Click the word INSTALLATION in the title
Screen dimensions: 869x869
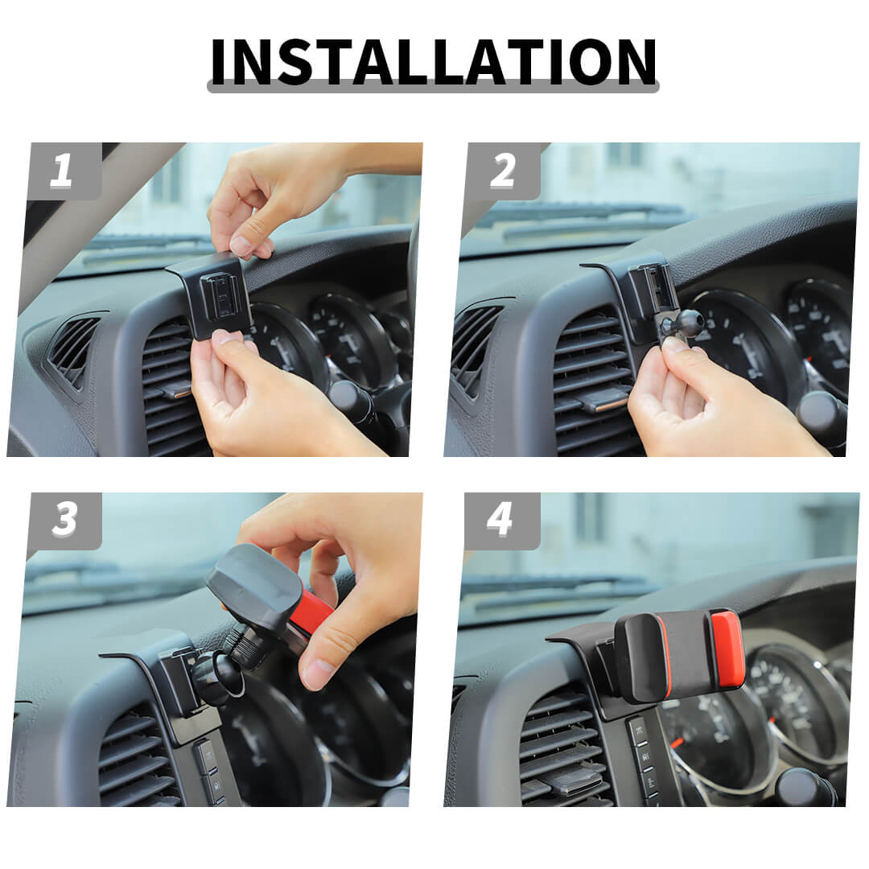pos(434,61)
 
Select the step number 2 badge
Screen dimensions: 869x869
pos(502,171)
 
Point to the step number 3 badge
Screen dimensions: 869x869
pos(64,521)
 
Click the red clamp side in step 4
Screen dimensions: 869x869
pos(727,649)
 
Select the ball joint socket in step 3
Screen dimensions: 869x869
pos(219,677)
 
